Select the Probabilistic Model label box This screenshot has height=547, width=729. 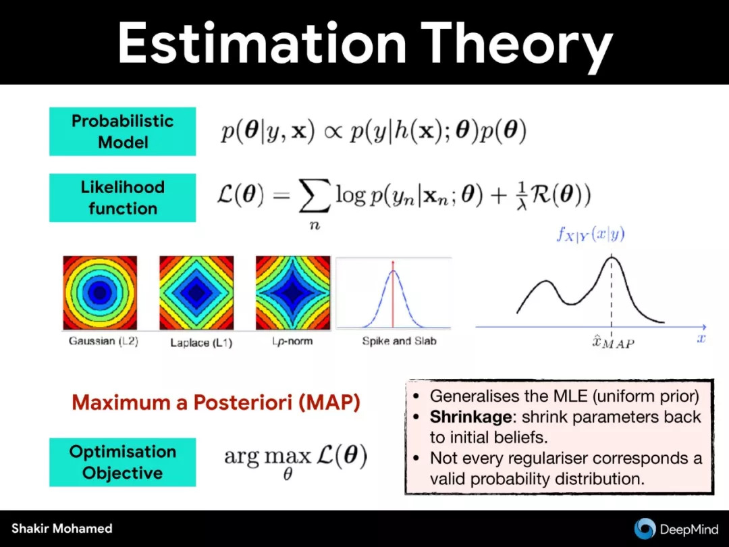point(123,132)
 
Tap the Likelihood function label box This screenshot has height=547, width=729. point(123,198)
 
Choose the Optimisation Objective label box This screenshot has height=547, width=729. point(123,463)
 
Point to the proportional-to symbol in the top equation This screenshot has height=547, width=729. point(332,132)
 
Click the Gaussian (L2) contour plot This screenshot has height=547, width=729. point(100,292)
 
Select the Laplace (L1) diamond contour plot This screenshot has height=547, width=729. point(196,292)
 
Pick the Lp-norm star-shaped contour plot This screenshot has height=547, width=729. point(293,292)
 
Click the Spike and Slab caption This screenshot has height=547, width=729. point(399,341)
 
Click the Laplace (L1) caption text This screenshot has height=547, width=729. point(201,343)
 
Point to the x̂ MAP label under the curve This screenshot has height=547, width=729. point(613,342)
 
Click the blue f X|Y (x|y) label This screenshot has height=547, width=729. point(591,234)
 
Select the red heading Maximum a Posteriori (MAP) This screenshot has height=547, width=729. point(216,402)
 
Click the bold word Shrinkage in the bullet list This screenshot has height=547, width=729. point(470,417)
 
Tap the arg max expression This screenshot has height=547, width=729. point(296,460)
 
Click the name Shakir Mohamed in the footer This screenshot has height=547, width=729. point(62,529)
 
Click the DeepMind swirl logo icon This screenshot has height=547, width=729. point(645,528)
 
